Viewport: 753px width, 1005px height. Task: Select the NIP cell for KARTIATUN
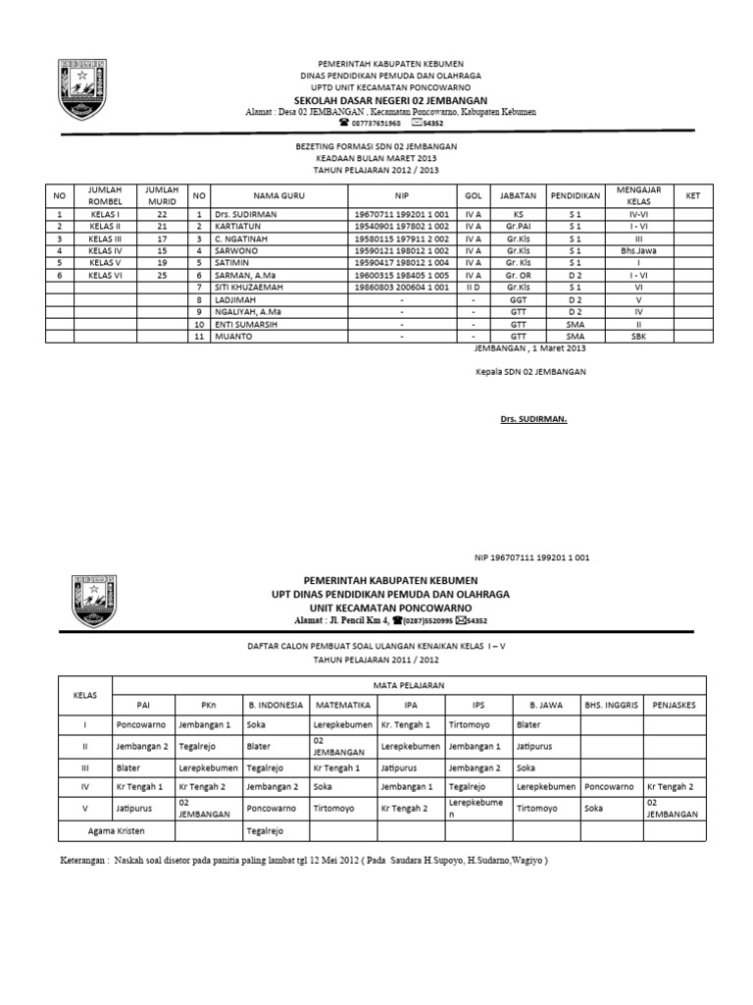click(400, 225)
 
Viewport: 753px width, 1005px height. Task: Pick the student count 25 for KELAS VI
click(163, 275)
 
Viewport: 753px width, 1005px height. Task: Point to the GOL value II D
click(473, 287)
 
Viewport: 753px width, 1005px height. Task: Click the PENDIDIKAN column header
click(575, 196)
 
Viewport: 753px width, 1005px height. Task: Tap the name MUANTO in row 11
click(232, 336)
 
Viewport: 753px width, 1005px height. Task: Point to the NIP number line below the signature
click(531, 557)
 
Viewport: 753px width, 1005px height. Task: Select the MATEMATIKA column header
click(342, 704)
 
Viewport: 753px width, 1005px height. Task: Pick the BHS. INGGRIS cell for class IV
click(611, 786)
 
